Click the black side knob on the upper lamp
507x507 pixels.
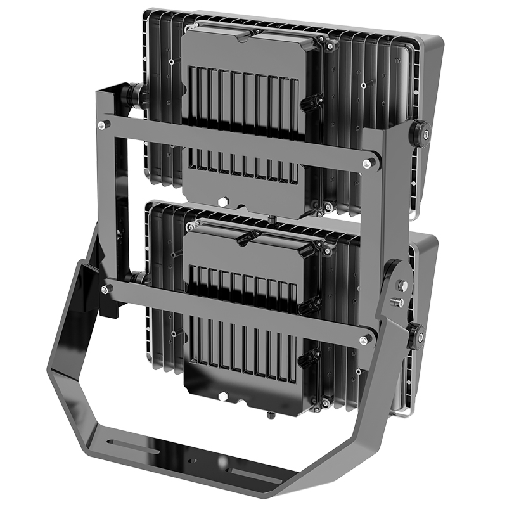419,131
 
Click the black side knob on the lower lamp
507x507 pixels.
416,334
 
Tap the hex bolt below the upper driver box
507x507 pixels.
224,202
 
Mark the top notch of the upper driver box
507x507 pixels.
243,37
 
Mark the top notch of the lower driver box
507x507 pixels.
243,239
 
